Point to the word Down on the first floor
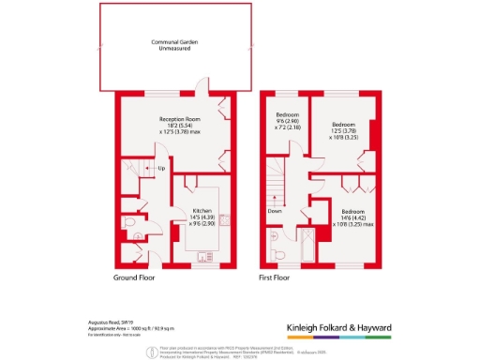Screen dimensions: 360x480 point(275,212)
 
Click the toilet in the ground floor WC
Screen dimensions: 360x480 point(128,222)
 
